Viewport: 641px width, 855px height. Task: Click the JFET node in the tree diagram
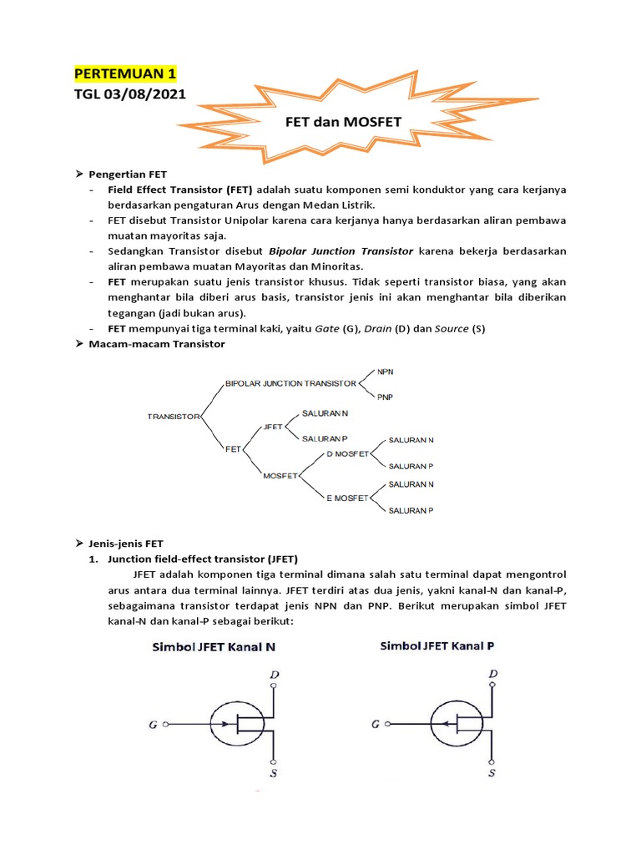[x=272, y=425]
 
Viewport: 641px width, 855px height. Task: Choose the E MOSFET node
[x=347, y=498]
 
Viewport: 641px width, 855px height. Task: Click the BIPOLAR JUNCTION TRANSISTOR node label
[x=290, y=383]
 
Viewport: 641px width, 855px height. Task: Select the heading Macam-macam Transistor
[x=156, y=343]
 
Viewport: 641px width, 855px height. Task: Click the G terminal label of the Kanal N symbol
[x=153, y=725]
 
